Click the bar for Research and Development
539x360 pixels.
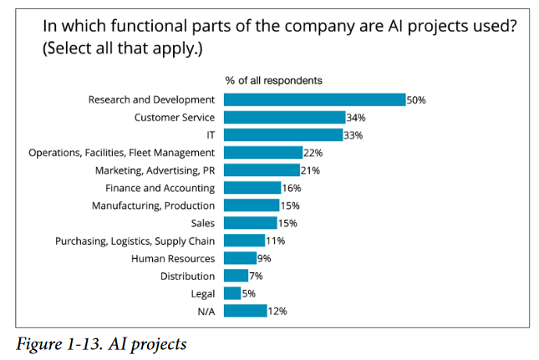[x=314, y=99]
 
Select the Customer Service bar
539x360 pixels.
[x=284, y=117]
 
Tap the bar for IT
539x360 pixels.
[x=283, y=134]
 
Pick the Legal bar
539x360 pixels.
[x=232, y=293]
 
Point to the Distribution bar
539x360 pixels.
[x=236, y=276]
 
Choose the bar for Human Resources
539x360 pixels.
[x=240, y=258]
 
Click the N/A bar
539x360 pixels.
[x=245, y=311]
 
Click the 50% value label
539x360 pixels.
[x=416, y=100]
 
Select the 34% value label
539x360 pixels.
[x=355, y=118]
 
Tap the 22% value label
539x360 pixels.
[x=313, y=153]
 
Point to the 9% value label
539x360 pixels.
[x=264, y=259]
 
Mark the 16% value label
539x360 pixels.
[x=291, y=188]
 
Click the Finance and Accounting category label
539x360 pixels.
[x=160, y=188]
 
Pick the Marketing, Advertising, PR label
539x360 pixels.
[x=155, y=170]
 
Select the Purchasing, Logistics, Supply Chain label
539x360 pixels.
[x=135, y=241]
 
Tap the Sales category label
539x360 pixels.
[x=201, y=223]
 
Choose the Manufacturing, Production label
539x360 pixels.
[x=153, y=205]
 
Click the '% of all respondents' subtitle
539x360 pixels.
[x=274, y=80]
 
